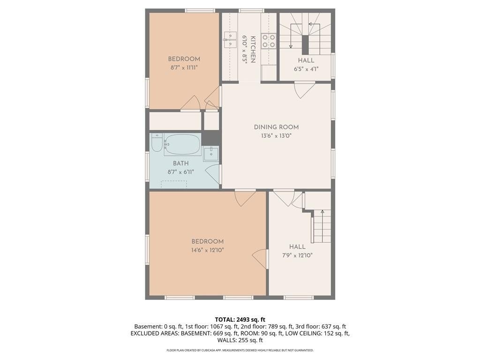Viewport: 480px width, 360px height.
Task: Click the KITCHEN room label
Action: click(x=253, y=50)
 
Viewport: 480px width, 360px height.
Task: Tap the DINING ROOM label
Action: click(x=276, y=127)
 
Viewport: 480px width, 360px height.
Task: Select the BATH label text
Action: click(x=180, y=164)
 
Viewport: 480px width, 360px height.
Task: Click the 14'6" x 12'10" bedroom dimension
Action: click(x=208, y=250)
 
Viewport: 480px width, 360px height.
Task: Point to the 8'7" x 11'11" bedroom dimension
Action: click(x=184, y=67)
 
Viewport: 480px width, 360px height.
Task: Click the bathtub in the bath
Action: click(x=182, y=145)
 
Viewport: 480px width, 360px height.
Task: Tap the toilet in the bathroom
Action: click(x=157, y=143)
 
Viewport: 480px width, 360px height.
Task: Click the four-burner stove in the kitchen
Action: click(x=269, y=41)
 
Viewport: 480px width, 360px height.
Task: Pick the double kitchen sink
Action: click(x=230, y=40)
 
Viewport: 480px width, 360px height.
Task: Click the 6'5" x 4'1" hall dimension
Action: click(x=306, y=69)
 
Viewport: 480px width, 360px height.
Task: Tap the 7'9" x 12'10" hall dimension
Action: click(x=297, y=255)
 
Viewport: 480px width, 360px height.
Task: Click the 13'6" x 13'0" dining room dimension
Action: click(x=276, y=135)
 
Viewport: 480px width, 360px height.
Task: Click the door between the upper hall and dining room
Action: click(x=304, y=90)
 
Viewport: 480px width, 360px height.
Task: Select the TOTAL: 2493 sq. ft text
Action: click(x=240, y=320)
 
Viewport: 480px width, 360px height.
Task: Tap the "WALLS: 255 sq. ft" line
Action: click(x=240, y=340)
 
